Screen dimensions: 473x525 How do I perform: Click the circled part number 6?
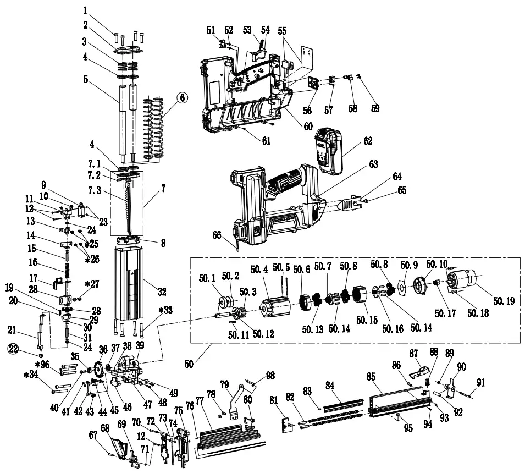182,97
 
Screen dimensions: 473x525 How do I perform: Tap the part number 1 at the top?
85,10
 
